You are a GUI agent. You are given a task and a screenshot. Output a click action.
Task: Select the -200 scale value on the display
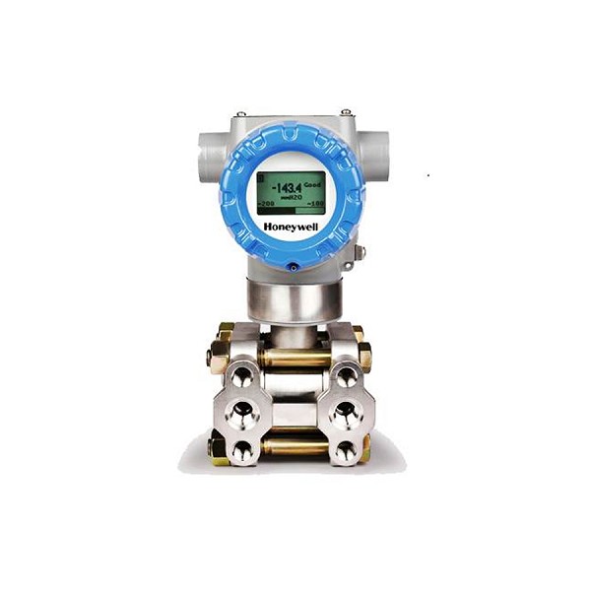[266, 205]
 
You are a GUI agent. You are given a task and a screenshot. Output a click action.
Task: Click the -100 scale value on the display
[316, 205]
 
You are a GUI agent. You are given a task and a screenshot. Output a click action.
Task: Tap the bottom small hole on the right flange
[346, 449]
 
